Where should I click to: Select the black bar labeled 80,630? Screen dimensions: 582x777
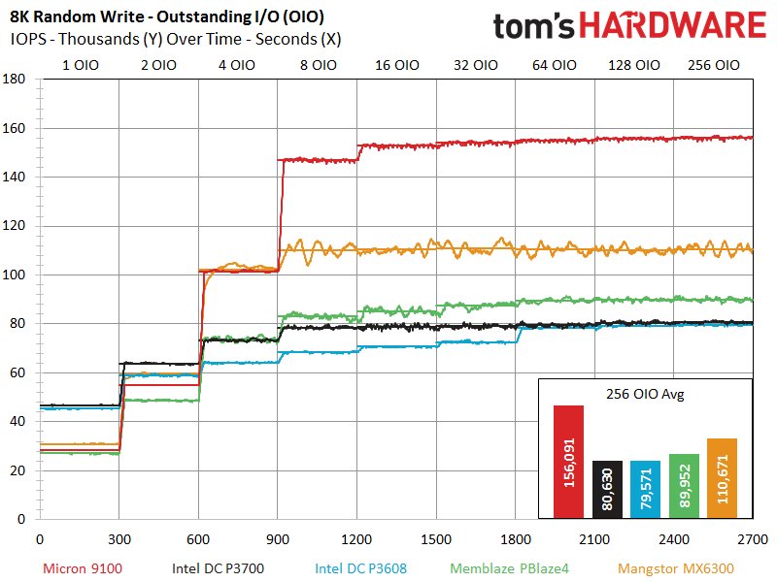607,489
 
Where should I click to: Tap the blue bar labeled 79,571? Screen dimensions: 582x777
645,489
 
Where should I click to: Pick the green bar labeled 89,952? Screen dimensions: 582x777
684,486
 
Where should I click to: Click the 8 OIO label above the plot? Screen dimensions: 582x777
319,66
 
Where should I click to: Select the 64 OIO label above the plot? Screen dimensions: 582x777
555,66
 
